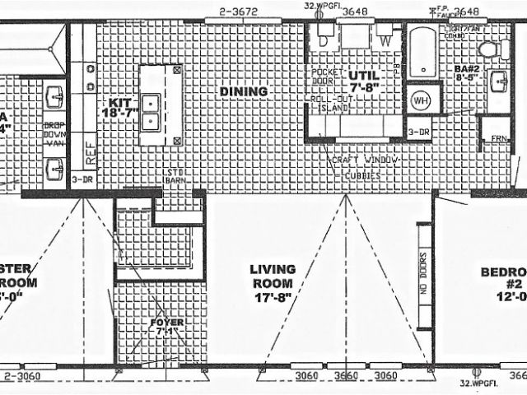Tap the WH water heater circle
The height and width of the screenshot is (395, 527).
[x=420, y=101]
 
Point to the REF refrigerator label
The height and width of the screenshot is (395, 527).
[x=91, y=153]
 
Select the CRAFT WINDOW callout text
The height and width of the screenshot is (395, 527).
[x=363, y=159]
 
